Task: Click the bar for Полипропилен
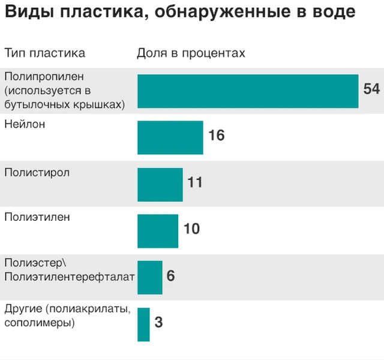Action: pos(248,91)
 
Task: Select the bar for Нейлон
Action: pos(170,137)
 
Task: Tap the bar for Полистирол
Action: pos(160,184)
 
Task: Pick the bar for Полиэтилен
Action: pos(158,231)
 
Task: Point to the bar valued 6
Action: pos(150,277)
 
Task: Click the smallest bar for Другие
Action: pos(143,324)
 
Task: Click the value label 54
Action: pos(371,89)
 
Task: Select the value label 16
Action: pos(216,136)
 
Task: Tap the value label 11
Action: pos(195,182)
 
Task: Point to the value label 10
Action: pos(191,229)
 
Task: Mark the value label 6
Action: pos(170,276)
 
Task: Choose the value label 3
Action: pos(158,323)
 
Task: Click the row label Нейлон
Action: pos(25,125)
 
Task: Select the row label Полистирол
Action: pos(37,173)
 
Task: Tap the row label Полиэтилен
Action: pos(37,217)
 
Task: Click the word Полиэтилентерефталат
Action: pos(70,276)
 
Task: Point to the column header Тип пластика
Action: pos(44,53)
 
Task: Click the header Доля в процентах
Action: pos(191,53)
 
